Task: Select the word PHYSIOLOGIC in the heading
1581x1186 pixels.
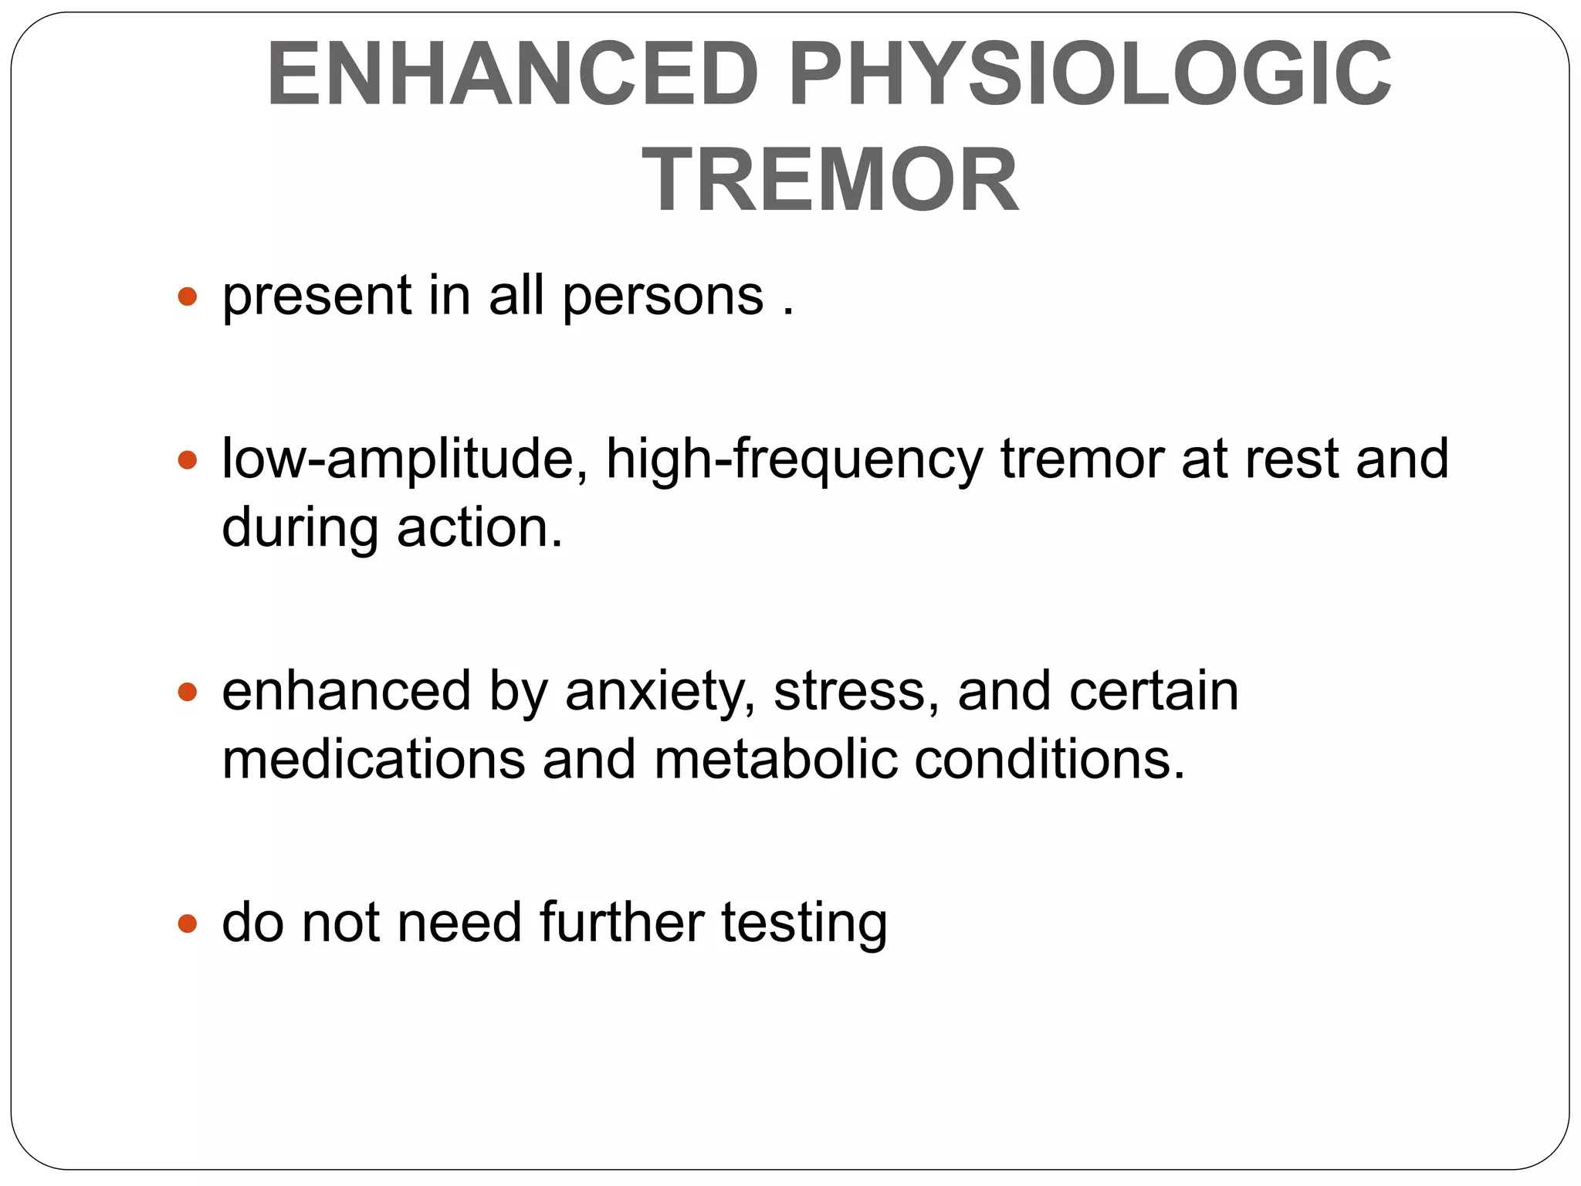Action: coord(1089,75)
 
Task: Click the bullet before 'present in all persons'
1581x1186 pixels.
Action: coord(188,296)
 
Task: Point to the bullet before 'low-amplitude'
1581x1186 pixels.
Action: coord(188,461)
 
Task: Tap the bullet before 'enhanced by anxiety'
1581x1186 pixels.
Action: coord(188,692)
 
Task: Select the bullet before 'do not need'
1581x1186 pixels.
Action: coord(188,923)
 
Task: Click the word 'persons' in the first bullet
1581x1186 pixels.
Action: coord(663,297)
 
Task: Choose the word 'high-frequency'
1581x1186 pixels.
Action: coord(794,461)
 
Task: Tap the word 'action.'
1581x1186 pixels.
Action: coord(480,528)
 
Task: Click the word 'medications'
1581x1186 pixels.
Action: coord(373,759)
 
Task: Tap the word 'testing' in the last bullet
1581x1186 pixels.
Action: coord(804,924)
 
